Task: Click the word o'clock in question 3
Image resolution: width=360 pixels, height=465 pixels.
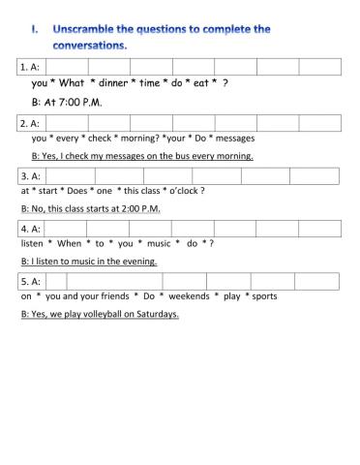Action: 185,191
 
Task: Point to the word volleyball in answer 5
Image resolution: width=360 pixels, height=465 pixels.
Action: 98,315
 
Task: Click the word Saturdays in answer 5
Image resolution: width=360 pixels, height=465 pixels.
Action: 155,315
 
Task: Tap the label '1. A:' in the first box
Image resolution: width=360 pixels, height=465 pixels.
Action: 29,67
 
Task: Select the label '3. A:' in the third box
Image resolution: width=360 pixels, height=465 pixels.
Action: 29,175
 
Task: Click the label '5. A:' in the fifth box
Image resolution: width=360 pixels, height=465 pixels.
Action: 29,281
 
